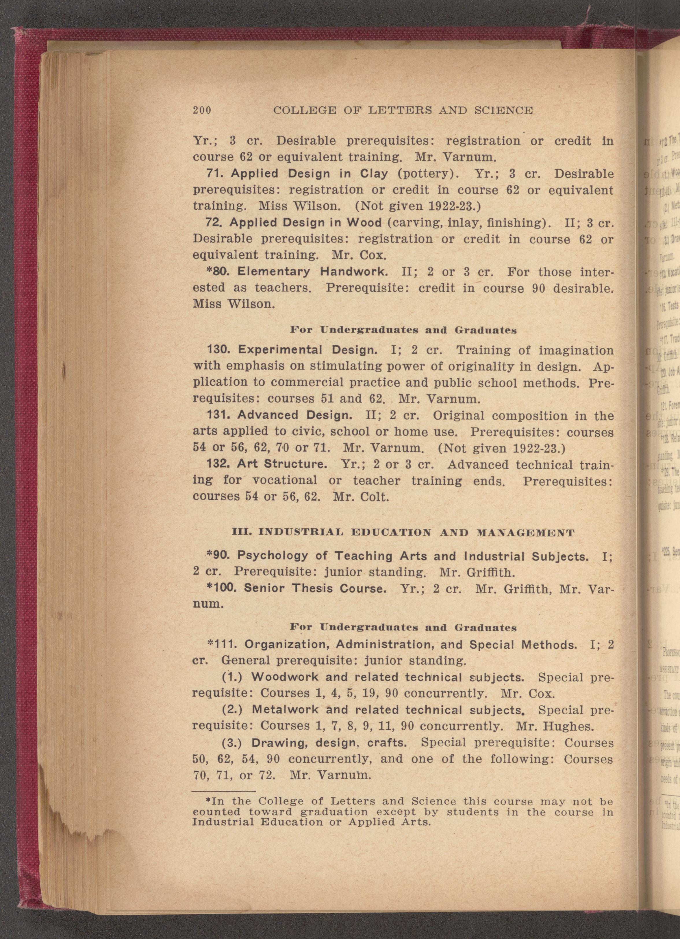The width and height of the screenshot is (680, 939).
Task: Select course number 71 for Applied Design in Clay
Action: click(215, 174)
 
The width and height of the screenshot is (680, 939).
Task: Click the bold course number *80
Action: click(216, 272)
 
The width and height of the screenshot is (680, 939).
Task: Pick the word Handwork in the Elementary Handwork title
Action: click(354, 272)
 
